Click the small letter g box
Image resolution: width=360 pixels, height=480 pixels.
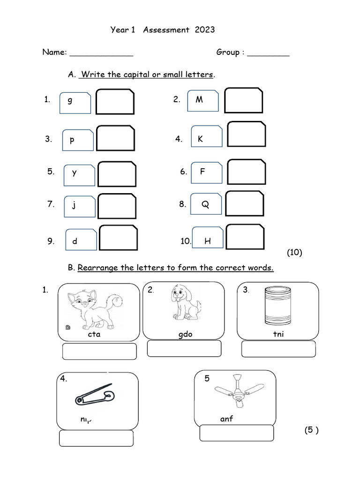75,103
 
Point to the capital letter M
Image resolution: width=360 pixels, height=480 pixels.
199,100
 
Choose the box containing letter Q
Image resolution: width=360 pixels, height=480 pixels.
206,204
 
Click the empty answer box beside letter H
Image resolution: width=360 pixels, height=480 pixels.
245,237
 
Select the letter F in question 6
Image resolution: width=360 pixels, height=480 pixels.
202,172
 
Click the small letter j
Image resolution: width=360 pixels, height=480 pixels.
74,205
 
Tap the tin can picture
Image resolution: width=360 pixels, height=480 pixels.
276,306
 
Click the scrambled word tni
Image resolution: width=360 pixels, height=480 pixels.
278,334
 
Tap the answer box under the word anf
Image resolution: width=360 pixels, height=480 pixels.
236,433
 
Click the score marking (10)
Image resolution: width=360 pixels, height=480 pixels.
294,253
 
